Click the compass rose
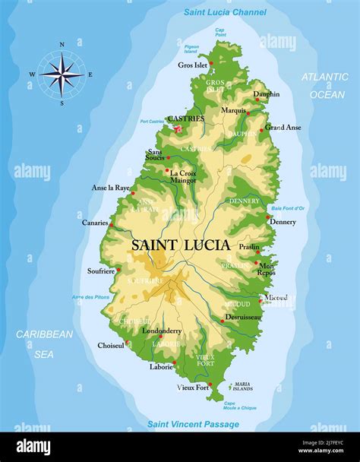click(x=62, y=74)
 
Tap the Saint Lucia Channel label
click(x=225, y=12)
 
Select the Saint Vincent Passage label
click(x=193, y=424)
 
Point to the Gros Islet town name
click(x=192, y=65)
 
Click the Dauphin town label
click(x=266, y=94)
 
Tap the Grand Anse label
click(x=283, y=127)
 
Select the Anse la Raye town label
click(x=110, y=187)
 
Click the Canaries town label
click(x=95, y=223)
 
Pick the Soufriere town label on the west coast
click(x=101, y=271)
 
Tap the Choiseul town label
click(x=111, y=345)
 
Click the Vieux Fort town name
click(x=193, y=388)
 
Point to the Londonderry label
click(x=161, y=331)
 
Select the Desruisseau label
click(x=243, y=316)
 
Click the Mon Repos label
click(x=267, y=269)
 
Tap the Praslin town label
click(x=248, y=247)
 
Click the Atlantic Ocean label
click(x=324, y=86)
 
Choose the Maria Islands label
click(x=242, y=387)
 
